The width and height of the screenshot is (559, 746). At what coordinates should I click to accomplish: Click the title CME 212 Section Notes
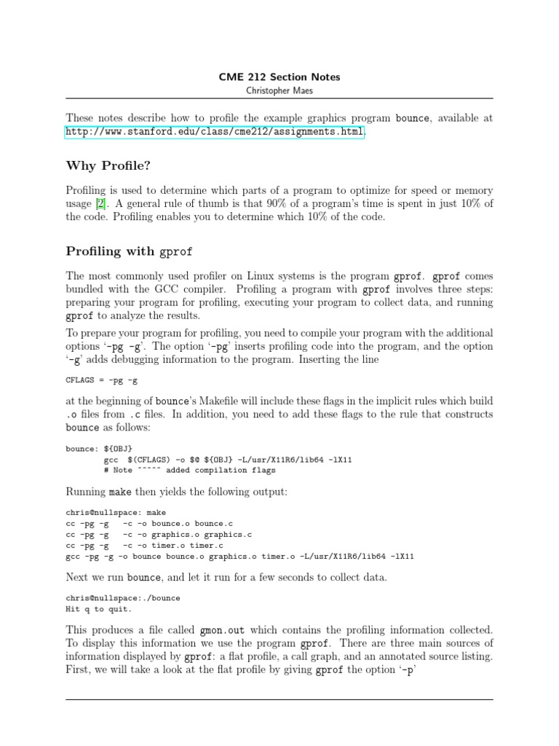click(279, 76)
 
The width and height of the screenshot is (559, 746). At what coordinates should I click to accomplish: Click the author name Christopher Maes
click(279, 90)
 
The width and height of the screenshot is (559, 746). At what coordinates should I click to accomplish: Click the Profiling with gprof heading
click(130, 251)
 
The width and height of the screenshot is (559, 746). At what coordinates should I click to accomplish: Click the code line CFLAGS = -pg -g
click(102, 379)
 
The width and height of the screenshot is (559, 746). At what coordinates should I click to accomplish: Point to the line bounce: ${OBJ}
click(99, 449)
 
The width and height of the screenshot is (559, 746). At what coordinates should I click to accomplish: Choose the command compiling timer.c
click(144, 545)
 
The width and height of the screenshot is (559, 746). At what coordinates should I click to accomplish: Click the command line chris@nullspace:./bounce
click(123, 598)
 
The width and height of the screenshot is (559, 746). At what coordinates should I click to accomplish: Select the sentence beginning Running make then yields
click(177, 492)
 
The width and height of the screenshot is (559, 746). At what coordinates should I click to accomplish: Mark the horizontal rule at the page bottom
click(279, 699)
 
